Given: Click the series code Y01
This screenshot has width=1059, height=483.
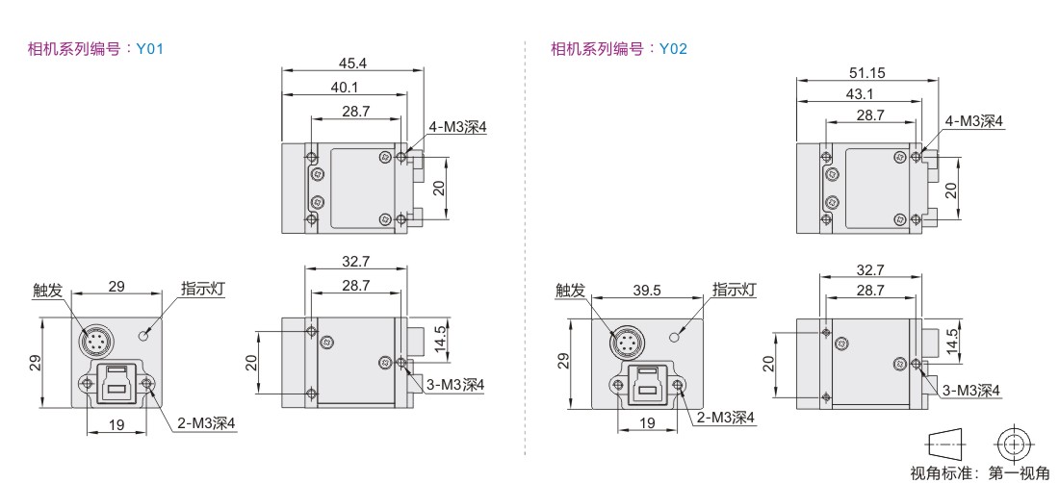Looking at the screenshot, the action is pos(150,48).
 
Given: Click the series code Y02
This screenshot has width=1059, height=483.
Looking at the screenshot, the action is pos(673,48).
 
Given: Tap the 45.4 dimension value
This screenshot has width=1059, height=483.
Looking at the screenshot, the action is pos(352,63).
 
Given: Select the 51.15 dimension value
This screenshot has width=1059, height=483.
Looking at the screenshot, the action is pos(867,72).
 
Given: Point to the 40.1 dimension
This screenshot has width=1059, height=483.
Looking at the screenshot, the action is pos(345,87).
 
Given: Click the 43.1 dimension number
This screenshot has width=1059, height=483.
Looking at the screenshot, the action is pos(860,93).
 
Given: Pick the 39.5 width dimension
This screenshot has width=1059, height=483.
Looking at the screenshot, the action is pos(647,290).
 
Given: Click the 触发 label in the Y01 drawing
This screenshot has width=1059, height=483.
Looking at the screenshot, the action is pos(47,291).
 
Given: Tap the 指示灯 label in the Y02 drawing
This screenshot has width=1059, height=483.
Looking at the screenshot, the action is pos(735,290).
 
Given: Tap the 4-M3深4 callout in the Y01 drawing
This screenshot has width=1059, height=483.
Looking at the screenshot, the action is pos(456,127).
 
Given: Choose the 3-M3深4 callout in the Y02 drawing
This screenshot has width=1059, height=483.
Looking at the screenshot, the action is pos(971,390).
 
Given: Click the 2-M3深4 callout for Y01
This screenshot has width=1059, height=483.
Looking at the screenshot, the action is pos(206,423).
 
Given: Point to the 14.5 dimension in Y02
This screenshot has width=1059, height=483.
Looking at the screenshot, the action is pos(951,342).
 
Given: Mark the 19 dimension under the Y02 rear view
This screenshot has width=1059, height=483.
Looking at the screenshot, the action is pos(647,423).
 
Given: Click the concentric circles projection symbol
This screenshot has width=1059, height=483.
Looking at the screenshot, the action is pos(1014,445).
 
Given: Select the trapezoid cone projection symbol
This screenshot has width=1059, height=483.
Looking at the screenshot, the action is pos(945,445).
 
